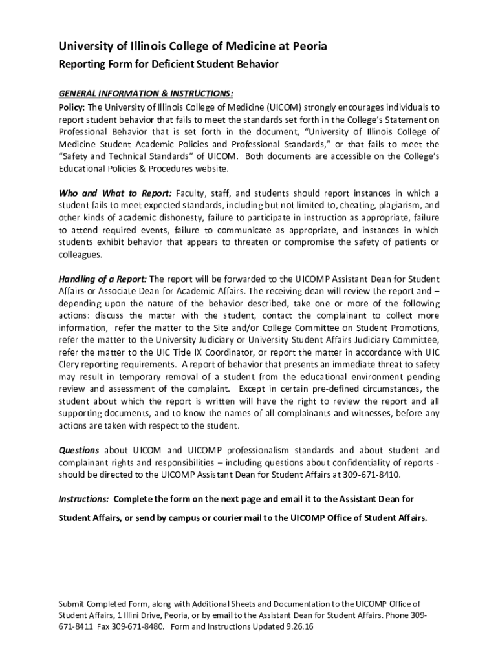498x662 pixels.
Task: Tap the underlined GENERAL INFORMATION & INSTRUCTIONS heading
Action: coord(146,93)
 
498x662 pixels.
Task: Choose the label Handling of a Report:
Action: coord(103,279)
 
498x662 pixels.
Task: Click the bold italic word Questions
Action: coord(79,450)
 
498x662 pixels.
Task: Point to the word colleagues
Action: coord(80,254)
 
